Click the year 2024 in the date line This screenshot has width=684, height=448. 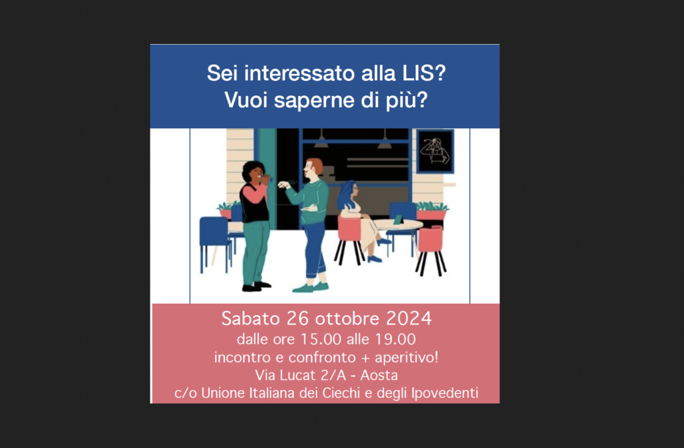click(x=409, y=318)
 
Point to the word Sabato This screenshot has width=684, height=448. click(x=250, y=318)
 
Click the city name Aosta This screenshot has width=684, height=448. click(x=379, y=375)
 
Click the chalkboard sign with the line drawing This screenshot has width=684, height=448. click(x=435, y=152)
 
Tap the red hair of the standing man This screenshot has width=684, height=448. click(x=315, y=166)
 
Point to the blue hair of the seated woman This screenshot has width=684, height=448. click(x=346, y=194)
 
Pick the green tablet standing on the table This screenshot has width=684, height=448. click(x=398, y=220)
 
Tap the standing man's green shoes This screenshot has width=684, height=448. click(x=311, y=288)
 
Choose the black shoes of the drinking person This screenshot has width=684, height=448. click(x=256, y=286)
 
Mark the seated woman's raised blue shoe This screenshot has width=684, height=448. click(x=384, y=241)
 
